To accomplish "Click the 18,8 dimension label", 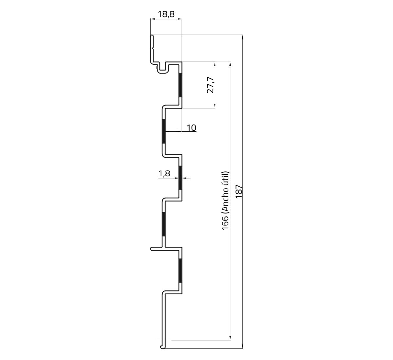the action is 166,14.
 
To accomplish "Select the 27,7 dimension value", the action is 210,85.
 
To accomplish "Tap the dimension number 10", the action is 191,128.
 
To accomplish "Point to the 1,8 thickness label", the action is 164,173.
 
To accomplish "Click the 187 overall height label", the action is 239,191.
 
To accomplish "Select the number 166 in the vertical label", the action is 226,223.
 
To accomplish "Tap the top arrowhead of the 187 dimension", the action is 243,37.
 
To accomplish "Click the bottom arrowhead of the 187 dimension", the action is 243,346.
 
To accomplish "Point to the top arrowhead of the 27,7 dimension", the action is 215,64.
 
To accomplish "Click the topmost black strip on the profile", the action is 180,85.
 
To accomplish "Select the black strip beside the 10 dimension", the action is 164,131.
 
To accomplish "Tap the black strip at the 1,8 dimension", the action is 180,178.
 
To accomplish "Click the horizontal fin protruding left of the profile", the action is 157,249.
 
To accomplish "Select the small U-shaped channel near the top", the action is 164,68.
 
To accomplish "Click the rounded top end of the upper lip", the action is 152,36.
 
